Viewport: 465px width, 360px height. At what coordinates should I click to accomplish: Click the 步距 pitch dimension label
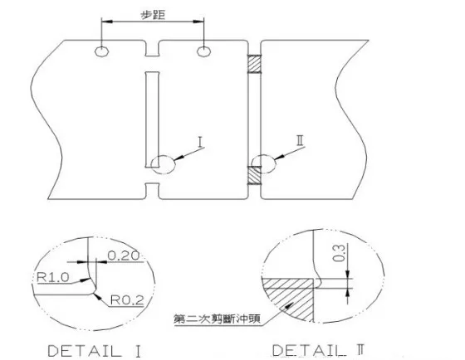(x=152, y=14)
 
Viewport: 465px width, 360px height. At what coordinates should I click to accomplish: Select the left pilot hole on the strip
(x=101, y=53)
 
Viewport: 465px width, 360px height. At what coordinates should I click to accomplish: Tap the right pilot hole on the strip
(x=203, y=53)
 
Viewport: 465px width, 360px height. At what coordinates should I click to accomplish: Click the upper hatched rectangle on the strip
(x=255, y=63)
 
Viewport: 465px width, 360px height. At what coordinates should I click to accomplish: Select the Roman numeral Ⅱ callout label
(x=301, y=141)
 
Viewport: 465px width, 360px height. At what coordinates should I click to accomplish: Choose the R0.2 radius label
(x=125, y=297)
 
